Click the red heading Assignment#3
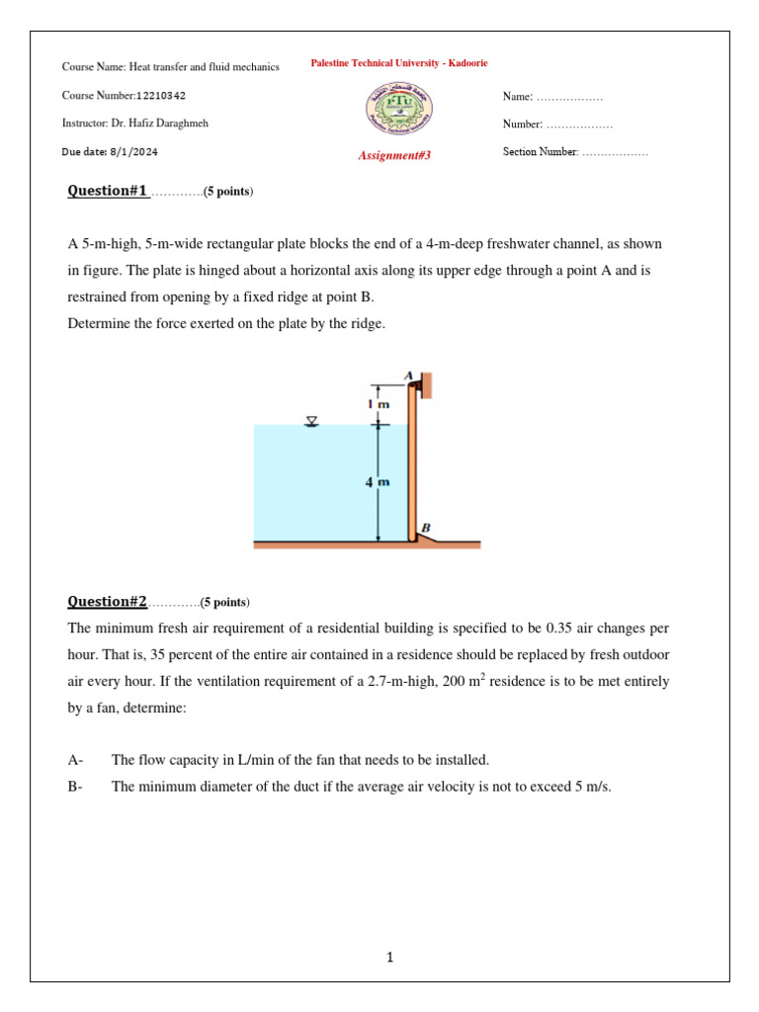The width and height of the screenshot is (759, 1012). (394, 155)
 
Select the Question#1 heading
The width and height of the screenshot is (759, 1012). (107, 191)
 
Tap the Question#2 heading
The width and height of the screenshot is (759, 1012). (107, 601)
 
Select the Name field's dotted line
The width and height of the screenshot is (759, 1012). (568, 97)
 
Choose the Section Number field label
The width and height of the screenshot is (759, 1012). (540, 152)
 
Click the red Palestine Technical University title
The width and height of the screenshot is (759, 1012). (398, 63)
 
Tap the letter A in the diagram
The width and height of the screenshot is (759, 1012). (408, 375)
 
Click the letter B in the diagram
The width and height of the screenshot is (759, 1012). (426, 529)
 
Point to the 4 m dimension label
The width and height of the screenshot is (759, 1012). (378, 482)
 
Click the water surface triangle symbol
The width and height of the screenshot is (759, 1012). (312, 422)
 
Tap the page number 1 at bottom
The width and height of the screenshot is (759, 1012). (390, 957)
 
